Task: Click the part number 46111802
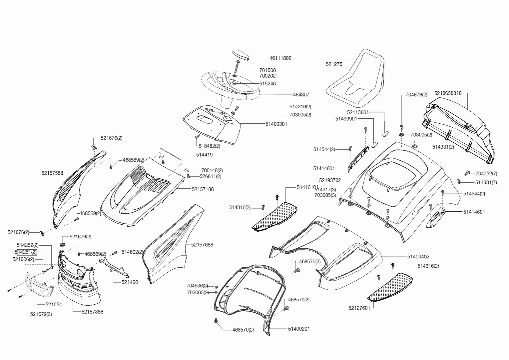coord(280,58)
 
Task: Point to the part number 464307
coord(301,95)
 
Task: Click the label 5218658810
coord(448,93)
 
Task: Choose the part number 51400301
coord(276,124)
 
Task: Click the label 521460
coord(130,282)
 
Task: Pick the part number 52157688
coord(202,245)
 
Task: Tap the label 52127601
coord(359,308)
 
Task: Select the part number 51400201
coord(299,329)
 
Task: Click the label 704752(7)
coord(486,174)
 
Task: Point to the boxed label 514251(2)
coord(26,252)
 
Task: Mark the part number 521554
coord(54,305)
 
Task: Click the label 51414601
coord(474,212)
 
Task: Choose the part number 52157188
coord(203,189)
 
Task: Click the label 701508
coord(267,70)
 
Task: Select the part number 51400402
coord(418,257)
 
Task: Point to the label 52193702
coord(330,180)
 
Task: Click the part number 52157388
coord(92,312)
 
